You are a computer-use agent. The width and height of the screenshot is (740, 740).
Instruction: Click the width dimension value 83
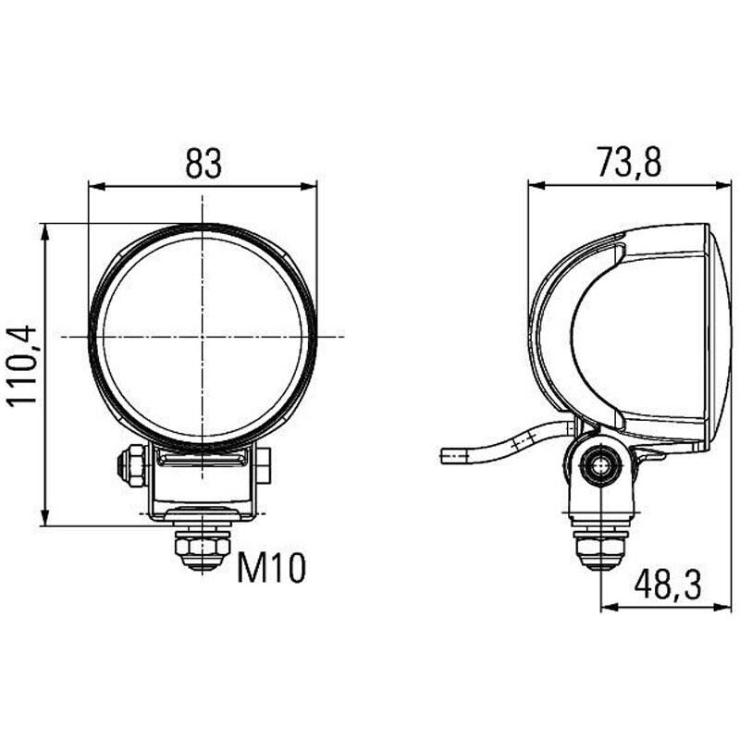click(203, 163)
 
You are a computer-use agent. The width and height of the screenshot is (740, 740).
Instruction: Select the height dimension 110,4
click(20, 365)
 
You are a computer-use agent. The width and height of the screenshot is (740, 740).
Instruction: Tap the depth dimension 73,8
click(629, 163)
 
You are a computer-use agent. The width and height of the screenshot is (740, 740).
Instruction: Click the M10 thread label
click(270, 569)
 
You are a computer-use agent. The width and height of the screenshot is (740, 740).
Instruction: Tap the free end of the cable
click(445, 455)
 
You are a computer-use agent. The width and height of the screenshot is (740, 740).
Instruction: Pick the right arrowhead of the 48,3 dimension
click(725, 609)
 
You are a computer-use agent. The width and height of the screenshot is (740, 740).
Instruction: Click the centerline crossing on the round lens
click(202, 336)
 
